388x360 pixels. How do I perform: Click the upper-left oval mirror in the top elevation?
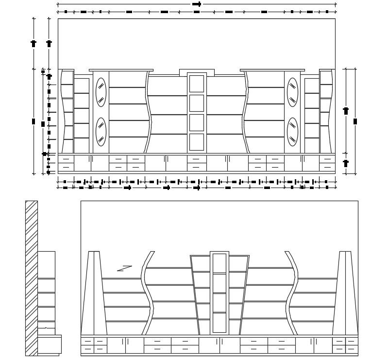101,92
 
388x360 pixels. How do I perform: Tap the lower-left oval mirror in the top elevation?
101,132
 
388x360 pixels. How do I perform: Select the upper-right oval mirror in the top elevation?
292,92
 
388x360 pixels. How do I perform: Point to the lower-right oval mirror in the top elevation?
292,132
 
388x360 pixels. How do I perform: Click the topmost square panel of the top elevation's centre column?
197,84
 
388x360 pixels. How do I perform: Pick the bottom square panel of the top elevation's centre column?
197,142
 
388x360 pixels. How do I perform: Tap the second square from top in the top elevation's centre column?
197,103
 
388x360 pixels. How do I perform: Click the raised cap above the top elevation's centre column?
197,72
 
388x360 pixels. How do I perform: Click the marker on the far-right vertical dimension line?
355,121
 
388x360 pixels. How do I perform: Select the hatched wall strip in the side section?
32,278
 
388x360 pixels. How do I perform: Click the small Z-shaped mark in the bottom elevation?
124,268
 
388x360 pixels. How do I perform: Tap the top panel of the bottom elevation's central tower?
219,263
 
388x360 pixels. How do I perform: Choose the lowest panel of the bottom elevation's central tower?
219,323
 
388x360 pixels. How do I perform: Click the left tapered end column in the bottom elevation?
94,293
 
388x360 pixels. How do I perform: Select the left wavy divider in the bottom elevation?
147,293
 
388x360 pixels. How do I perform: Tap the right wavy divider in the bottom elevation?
292,293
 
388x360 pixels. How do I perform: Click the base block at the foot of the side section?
49,344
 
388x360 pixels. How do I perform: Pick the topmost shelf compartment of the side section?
46,265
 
